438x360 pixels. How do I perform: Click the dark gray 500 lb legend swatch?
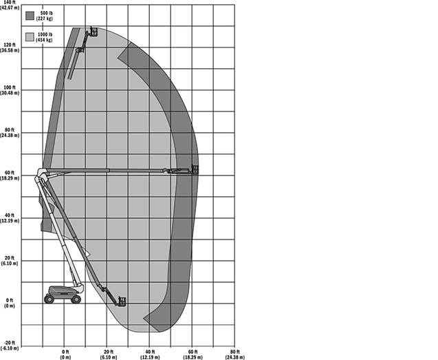point(30,16)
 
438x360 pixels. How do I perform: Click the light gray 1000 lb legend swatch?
point(30,37)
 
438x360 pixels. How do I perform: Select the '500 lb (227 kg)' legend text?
point(45,16)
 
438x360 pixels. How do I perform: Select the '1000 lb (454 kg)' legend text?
point(44,37)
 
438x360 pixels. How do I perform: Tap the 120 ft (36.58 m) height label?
point(10,47)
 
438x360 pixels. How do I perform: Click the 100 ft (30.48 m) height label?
point(10,90)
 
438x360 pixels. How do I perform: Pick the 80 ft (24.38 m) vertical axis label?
point(10,133)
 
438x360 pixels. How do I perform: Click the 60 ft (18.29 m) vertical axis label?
point(10,176)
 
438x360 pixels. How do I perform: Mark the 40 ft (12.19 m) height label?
point(10,218)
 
